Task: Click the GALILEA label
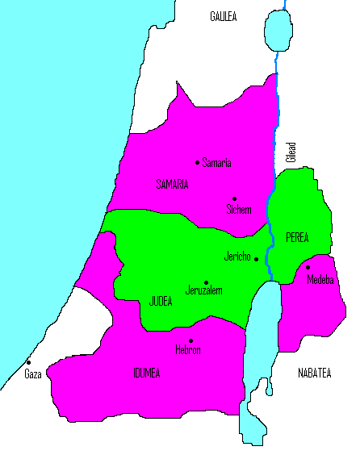[x=224, y=16]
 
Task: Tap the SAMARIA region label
[x=172, y=185]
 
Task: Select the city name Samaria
[x=216, y=163]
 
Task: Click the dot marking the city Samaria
[x=198, y=162]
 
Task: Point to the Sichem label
[x=239, y=210]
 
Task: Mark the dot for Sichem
[x=234, y=198]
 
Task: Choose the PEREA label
[x=297, y=237]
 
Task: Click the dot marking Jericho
[x=256, y=259]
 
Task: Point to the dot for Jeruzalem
[x=206, y=282]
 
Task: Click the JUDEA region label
[x=161, y=302]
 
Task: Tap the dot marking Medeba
[x=308, y=267]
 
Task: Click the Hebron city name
[x=187, y=350]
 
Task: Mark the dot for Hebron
[x=190, y=340]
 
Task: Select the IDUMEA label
[x=148, y=373]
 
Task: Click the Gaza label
[x=32, y=374]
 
